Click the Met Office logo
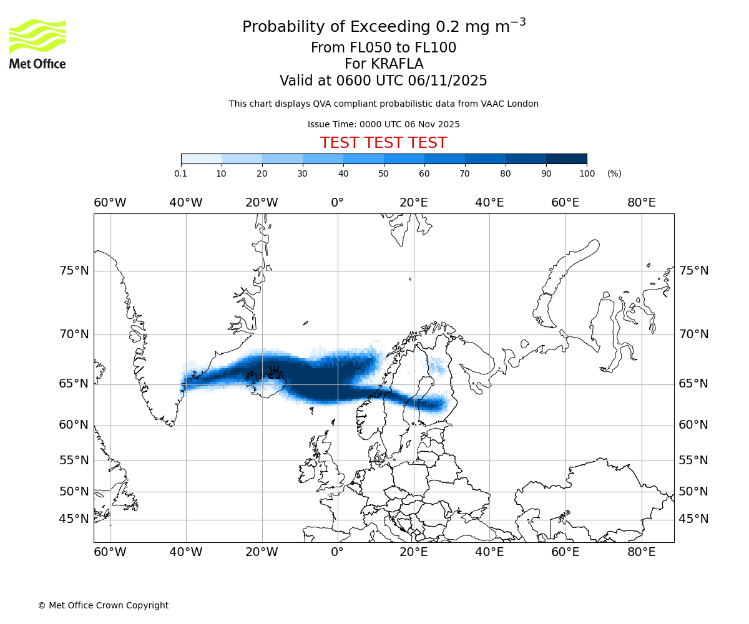37,44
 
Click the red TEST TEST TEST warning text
383,143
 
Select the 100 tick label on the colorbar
587,173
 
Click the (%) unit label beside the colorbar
614,173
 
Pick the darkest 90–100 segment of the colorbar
566,159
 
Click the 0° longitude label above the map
337,203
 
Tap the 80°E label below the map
641,552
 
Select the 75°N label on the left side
74,271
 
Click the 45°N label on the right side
693,519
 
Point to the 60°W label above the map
110,203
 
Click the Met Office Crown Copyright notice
103,605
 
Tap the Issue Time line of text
383,124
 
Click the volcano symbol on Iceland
273,374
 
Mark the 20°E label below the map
413,552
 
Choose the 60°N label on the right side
693,425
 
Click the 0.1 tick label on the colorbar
181,173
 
